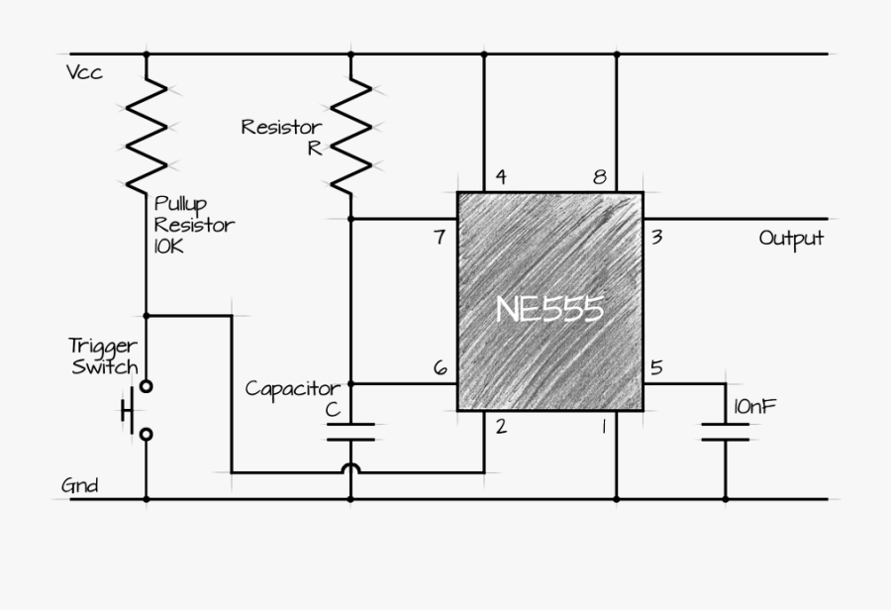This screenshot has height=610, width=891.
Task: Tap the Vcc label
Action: pyautogui.click(x=84, y=74)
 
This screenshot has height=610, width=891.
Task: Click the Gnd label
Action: pyautogui.click(x=80, y=486)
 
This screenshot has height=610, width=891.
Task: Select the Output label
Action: pyautogui.click(x=791, y=239)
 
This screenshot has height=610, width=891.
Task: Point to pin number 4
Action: pyautogui.click(x=501, y=178)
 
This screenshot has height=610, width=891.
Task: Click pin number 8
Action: pyautogui.click(x=599, y=178)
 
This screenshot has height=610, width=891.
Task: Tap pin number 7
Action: pyautogui.click(x=441, y=237)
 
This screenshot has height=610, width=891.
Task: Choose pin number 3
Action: pyautogui.click(x=656, y=237)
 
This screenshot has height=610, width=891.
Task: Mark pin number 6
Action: pyautogui.click(x=441, y=368)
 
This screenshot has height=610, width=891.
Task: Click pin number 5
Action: pyautogui.click(x=656, y=368)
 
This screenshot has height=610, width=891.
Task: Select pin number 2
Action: pyautogui.click(x=501, y=427)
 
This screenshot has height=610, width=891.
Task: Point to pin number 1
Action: pyautogui.click(x=599, y=427)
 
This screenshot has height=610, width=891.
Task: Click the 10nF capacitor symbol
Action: pyautogui.click(x=726, y=432)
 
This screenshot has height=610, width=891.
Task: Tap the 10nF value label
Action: pyautogui.click(x=755, y=405)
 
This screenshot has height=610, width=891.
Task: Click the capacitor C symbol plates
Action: pyautogui.click(x=351, y=432)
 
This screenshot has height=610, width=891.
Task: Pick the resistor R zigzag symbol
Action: pyautogui.click(x=351, y=134)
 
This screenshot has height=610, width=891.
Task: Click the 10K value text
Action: pyautogui.click(x=168, y=246)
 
